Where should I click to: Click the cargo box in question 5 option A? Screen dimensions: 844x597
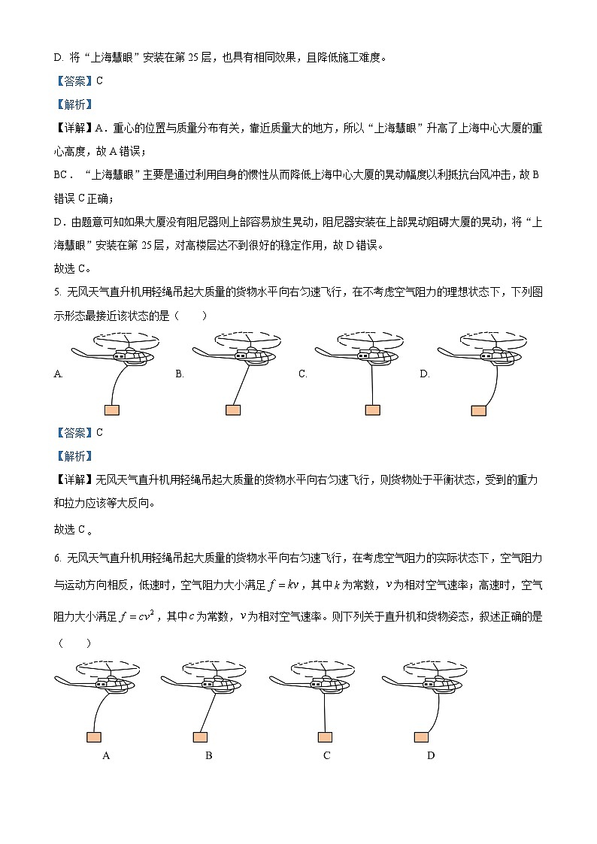coord(112,410)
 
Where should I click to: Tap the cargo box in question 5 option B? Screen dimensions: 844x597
coord(233,410)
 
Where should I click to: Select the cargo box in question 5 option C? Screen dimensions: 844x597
coord(372,410)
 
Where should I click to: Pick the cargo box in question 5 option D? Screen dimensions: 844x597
coord(478,410)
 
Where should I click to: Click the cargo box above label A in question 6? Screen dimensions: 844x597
coord(94,737)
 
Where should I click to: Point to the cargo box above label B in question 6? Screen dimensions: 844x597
coord(200,737)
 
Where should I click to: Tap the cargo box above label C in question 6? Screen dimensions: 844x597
coord(325,737)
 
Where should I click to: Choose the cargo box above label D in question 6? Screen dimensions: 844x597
coord(421,737)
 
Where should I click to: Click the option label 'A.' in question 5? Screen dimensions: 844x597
coord(58,374)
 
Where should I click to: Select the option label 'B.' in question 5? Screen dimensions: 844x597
coord(180,374)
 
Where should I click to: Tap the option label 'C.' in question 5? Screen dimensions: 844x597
coord(302,374)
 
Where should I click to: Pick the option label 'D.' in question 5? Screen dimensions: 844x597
coord(424,374)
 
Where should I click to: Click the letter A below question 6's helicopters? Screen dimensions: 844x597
coord(106,755)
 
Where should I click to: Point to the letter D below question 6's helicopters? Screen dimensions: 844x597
coord(431,755)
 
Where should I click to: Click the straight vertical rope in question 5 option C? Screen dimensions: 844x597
coord(372,383)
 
